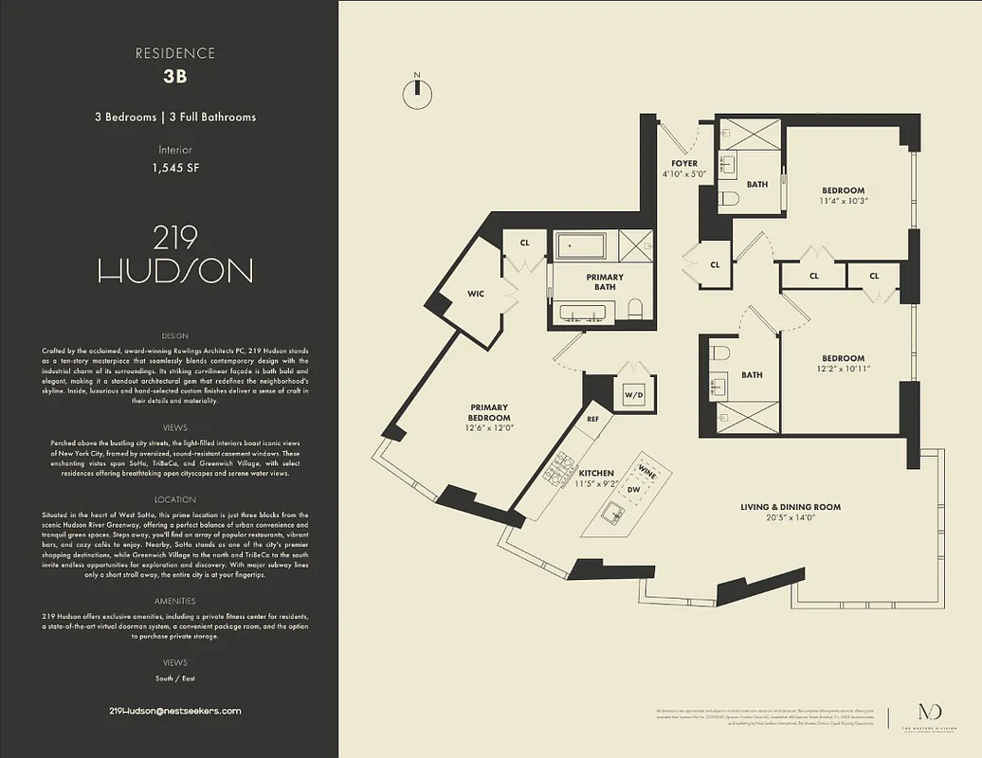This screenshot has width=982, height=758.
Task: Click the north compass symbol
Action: coord(415,90)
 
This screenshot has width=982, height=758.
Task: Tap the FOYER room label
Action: coord(684,164)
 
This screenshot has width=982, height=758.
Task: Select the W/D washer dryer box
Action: coord(632,393)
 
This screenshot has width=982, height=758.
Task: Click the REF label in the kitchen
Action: coord(592,418)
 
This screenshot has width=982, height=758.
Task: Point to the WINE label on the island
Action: coord(647,470)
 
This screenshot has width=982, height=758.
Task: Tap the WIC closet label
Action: coord(476,294)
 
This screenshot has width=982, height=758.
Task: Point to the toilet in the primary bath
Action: coord(635,309)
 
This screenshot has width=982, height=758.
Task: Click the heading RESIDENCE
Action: coord(175,53)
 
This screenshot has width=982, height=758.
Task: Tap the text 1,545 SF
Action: coord(175,168)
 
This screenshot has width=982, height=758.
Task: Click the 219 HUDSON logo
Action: coord(175,256)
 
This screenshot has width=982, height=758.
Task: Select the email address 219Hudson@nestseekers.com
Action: coord(175,711)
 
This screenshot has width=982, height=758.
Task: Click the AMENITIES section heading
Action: coord(175,601)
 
